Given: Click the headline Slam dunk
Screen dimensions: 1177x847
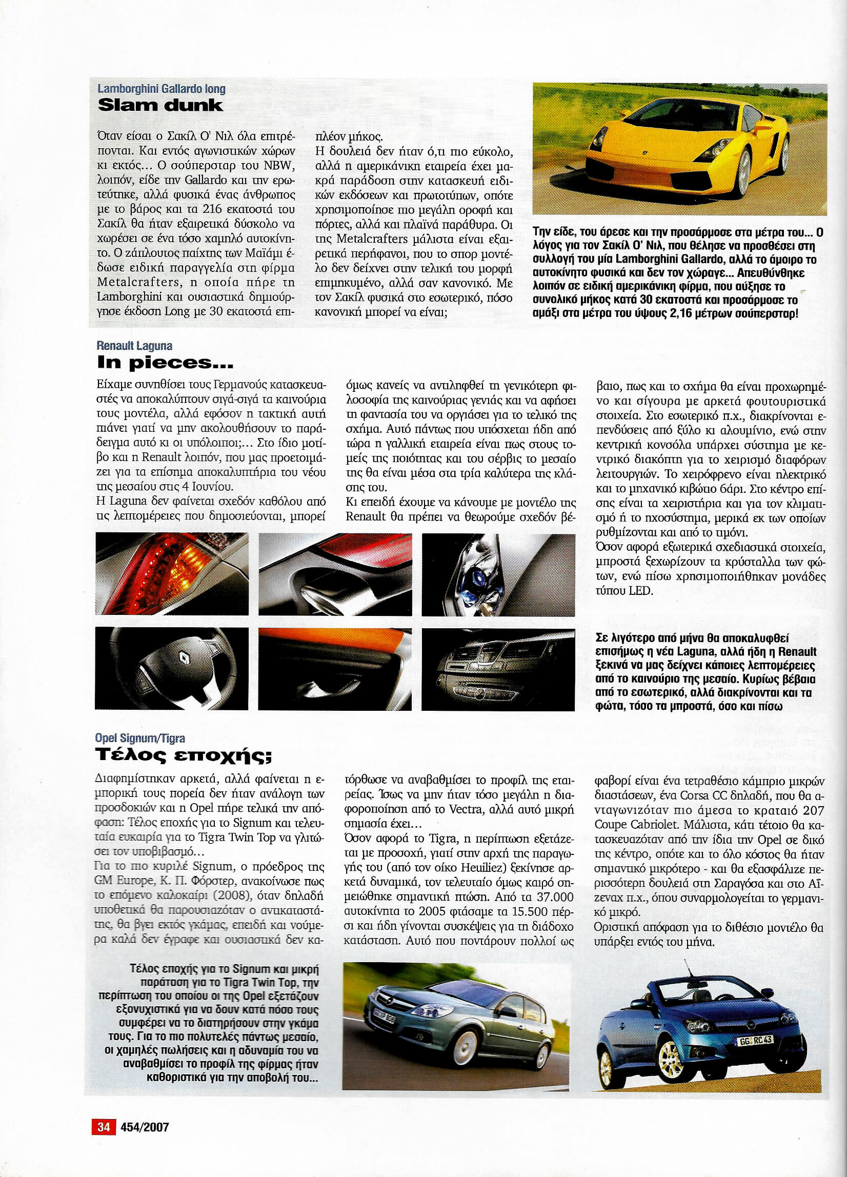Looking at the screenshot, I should [160, 106].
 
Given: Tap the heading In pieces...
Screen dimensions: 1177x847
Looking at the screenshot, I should [165, 363].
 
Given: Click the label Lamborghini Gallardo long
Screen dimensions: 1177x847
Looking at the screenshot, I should [162, 89].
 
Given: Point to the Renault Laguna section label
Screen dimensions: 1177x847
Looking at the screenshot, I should [134, 346].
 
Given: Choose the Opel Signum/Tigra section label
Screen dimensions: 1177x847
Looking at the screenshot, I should [140, 739].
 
